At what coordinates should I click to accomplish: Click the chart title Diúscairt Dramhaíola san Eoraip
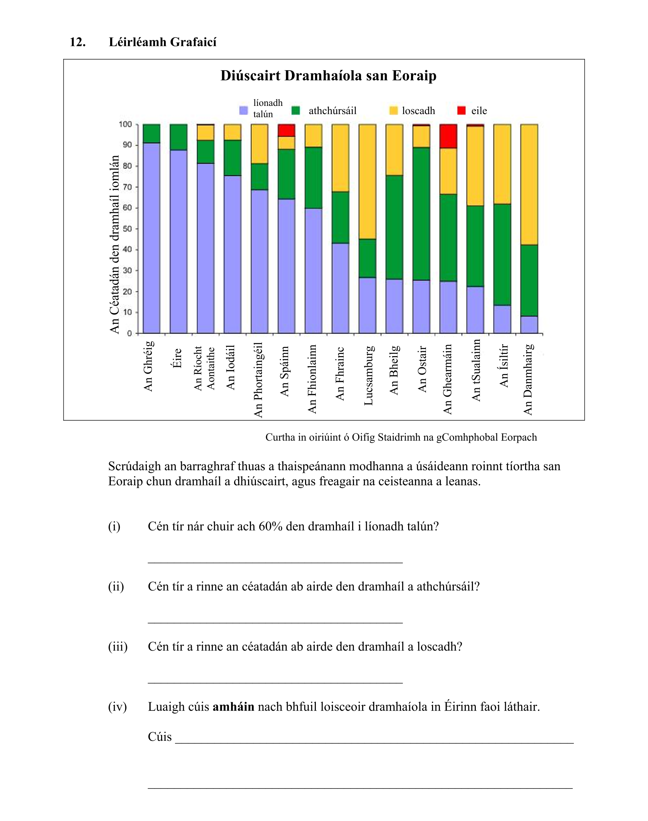[328, 76]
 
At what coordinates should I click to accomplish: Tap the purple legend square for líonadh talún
[243, 111]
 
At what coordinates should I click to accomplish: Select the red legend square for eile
[461, 111]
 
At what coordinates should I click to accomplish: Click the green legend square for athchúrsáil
[295, 111]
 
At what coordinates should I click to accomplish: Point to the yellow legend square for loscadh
[394, 111]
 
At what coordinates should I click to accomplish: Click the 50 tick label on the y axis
[127, 229]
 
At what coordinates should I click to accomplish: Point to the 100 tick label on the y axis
[125, 124]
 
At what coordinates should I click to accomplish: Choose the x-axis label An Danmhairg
[528, 379]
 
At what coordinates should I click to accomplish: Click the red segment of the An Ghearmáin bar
[448, 136]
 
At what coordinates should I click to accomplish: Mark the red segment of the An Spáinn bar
[287, 130]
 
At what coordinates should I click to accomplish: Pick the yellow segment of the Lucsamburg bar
[367, 181]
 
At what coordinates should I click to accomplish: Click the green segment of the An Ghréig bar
[151, 134]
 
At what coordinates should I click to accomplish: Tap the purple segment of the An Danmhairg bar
[529, 324]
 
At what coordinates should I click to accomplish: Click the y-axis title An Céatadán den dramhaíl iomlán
[114, 244]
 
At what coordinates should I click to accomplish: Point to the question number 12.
[77, 42]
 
